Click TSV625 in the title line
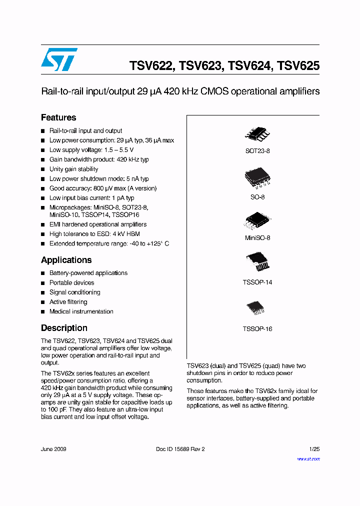coord(298,66)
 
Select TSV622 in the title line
coord(151,66)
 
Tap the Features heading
coord(58,117)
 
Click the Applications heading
coord(66,260)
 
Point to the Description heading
coord(64,328)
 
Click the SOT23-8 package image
coord(257,133)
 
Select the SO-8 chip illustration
coord(257,177)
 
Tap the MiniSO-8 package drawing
coord(257,220)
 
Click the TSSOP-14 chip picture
coord(257,262)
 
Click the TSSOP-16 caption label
coord(257,329)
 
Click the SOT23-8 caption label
coord(257,150)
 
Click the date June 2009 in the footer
coord(53,449)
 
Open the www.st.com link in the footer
coord(308,459)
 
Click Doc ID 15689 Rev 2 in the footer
coord(180,449)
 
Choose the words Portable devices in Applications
coord(71,282)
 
